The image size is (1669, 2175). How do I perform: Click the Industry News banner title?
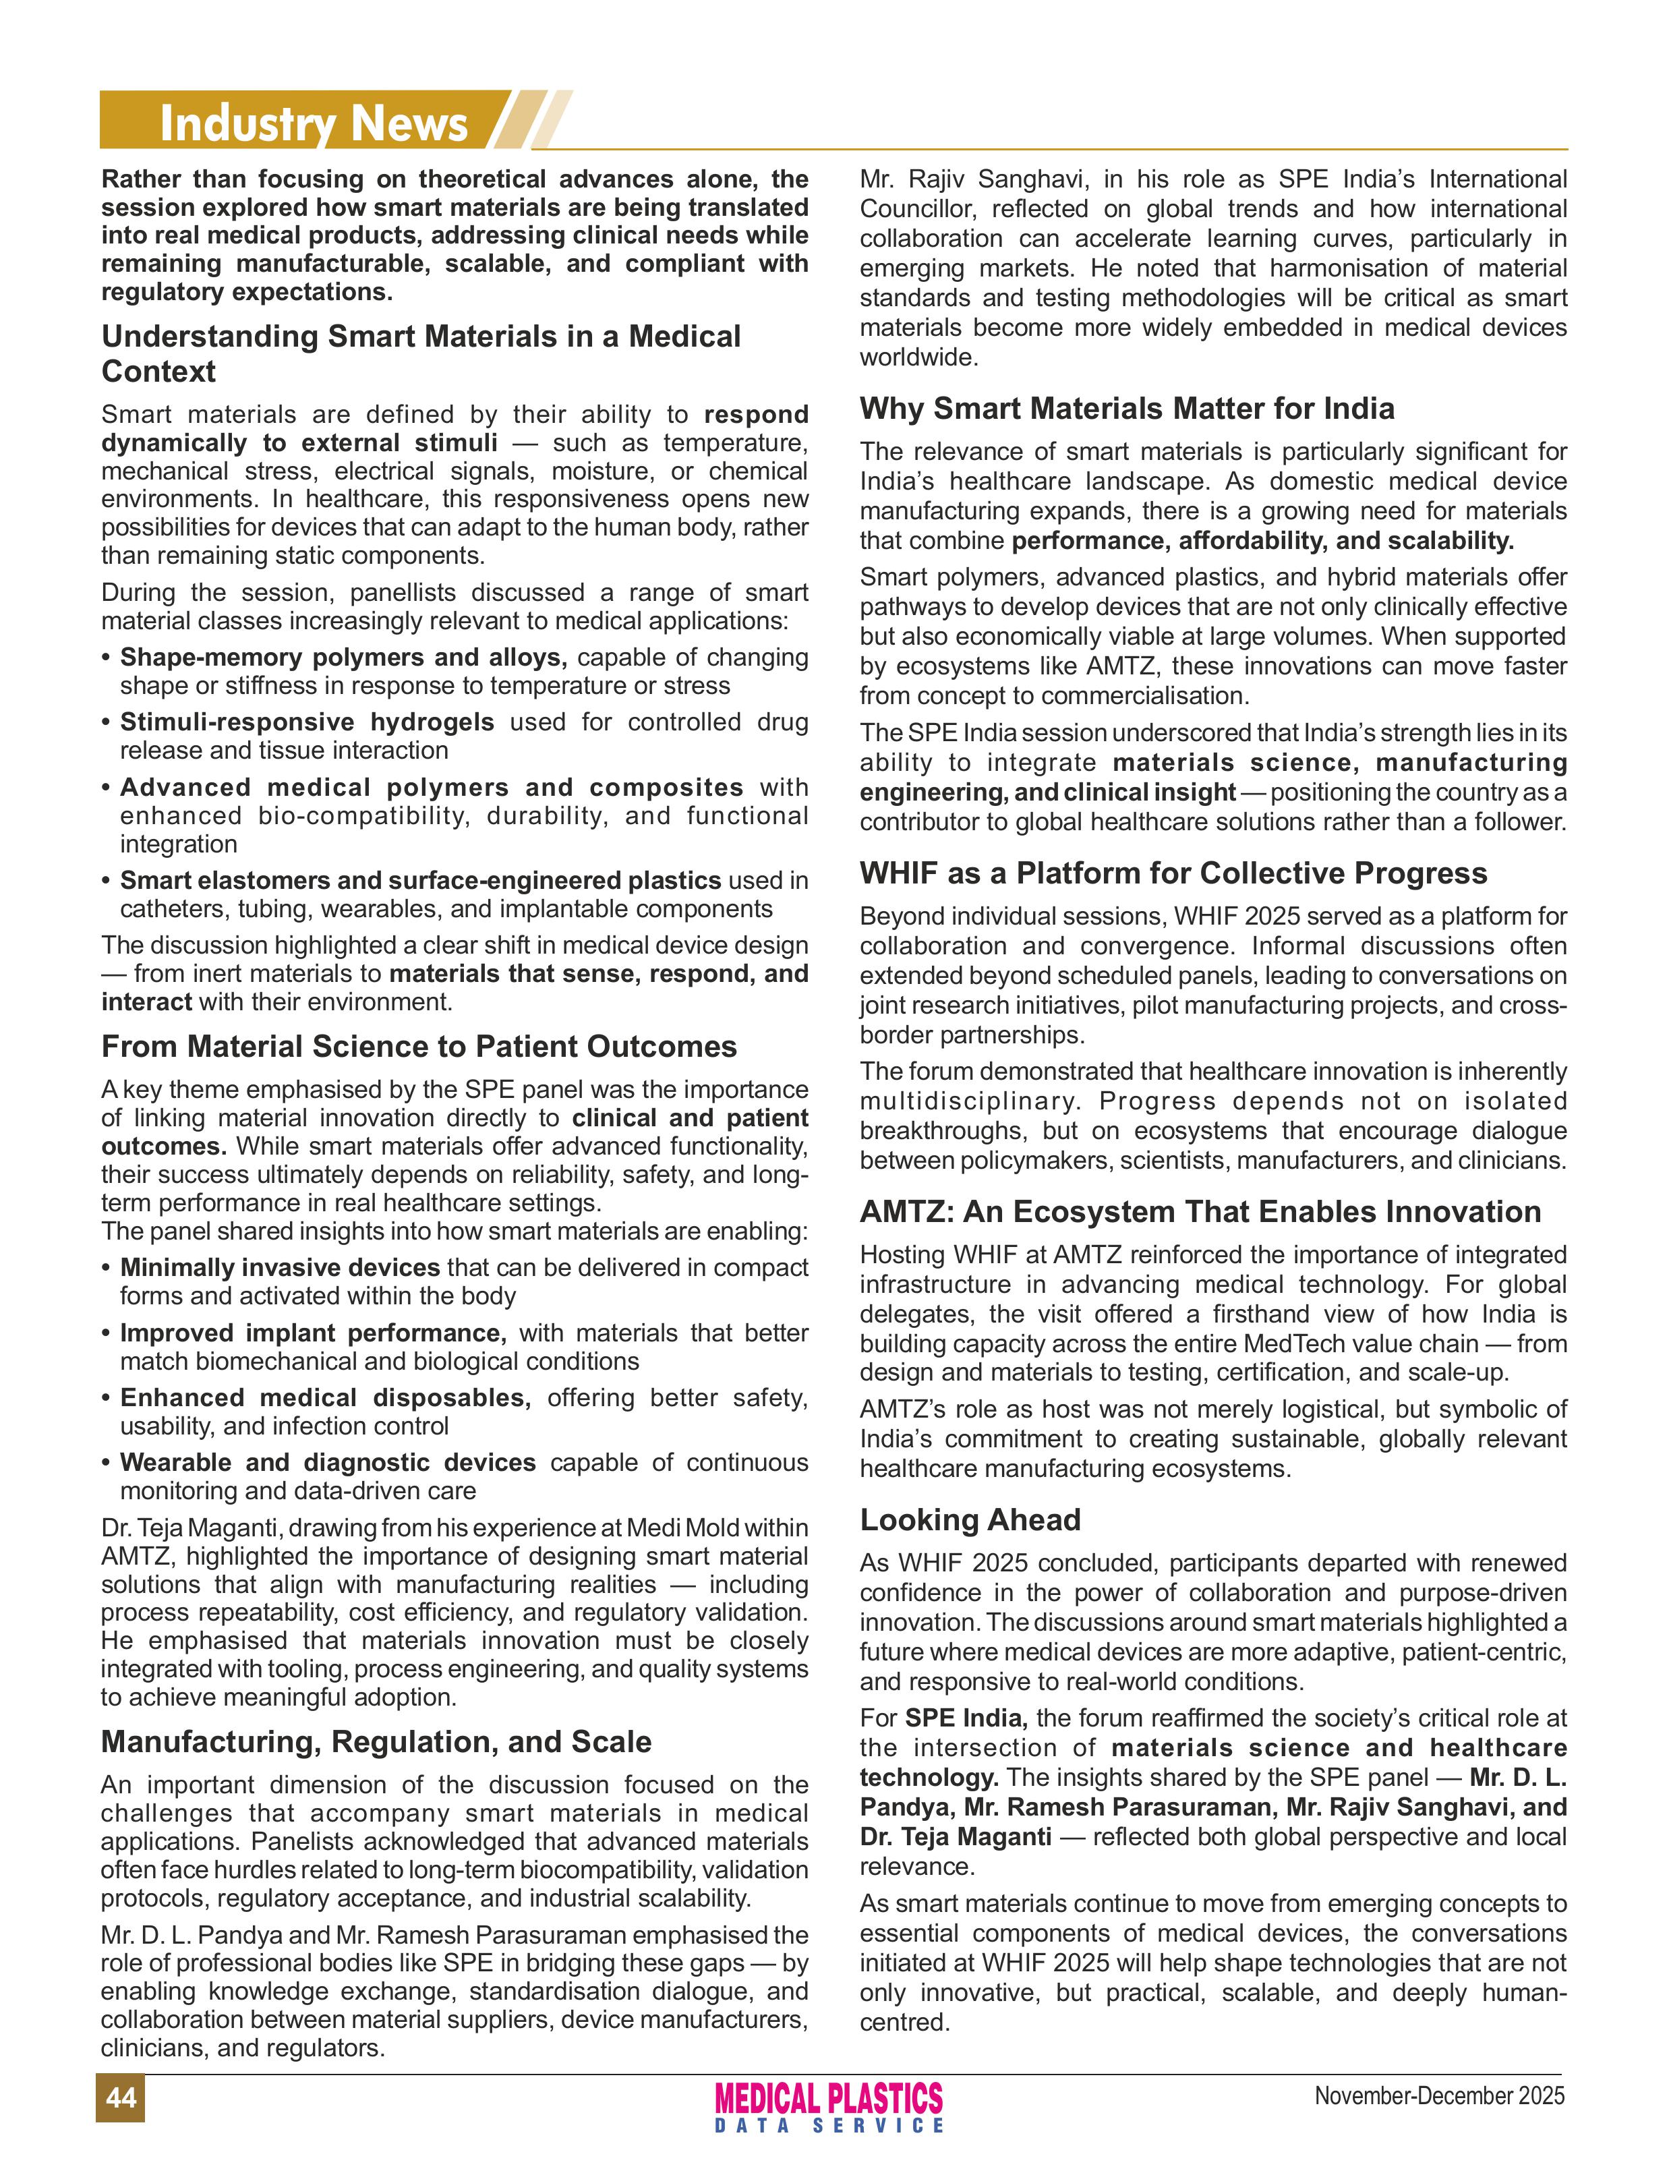coord(313,123)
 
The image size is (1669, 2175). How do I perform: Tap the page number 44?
coord(120,2097)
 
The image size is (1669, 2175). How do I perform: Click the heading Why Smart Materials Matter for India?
coord(1127,409)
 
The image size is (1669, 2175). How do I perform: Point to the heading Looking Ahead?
coord(970,1519)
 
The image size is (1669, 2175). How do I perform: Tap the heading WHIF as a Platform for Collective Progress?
coord(1172,873)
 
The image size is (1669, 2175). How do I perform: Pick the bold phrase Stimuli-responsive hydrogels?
coord(307,722)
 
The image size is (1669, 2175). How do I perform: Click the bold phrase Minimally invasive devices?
coord(279,1268)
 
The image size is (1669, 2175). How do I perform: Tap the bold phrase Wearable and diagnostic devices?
coord(328,1463)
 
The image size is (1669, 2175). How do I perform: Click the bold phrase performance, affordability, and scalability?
coord(1262,540)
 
